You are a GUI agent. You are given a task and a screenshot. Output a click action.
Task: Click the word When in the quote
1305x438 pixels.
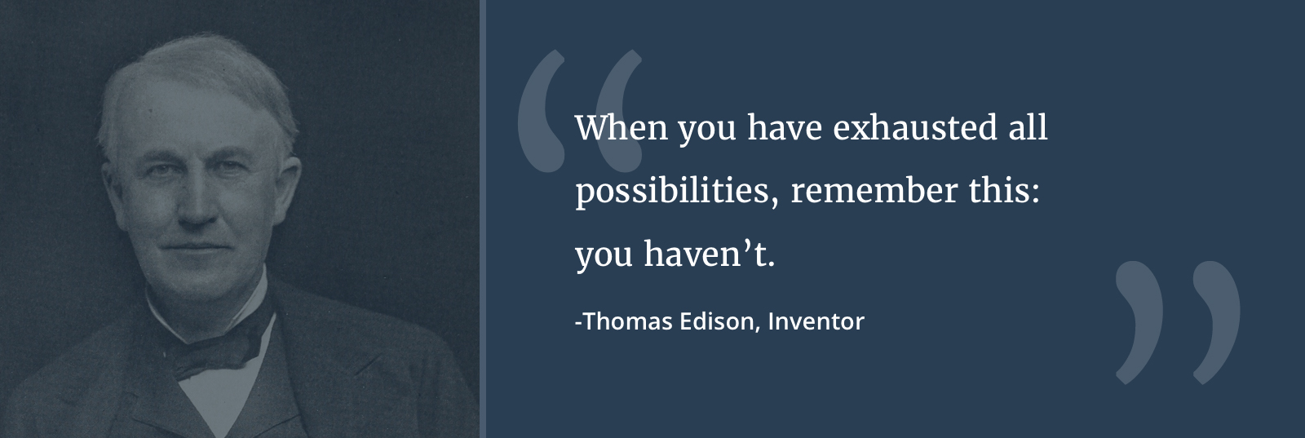621,127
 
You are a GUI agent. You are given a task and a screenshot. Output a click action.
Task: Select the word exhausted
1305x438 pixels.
914,127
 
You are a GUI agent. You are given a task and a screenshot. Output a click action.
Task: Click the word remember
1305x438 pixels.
874,190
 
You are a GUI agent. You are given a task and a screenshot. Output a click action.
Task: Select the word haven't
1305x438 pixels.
709,254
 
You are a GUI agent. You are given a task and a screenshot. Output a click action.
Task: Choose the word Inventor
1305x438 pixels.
816,321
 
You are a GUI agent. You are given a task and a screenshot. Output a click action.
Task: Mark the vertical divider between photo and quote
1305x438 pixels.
482,219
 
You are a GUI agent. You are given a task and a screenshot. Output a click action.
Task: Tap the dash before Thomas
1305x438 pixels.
578,322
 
